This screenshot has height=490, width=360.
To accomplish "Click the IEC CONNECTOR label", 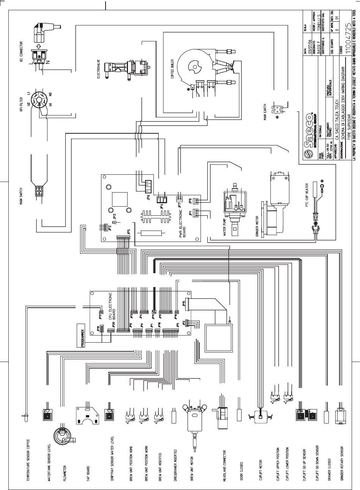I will [x=22, y=53].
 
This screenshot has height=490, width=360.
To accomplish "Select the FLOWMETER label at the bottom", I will [x=65, y=471].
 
